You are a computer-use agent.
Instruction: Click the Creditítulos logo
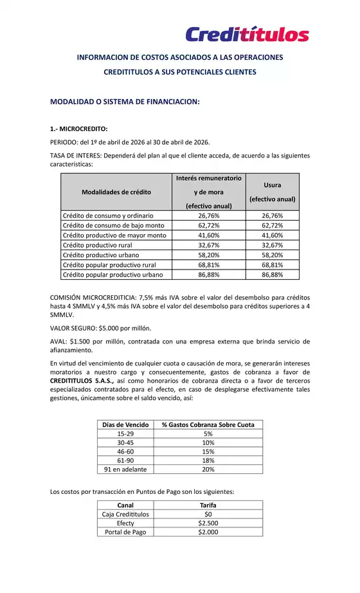tap(247, 33)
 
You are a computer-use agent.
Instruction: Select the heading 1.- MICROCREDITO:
tap(79, 129)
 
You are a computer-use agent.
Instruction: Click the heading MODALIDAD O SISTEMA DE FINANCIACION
tap(125, 102)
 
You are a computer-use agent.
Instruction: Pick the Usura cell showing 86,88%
tap(273, 275)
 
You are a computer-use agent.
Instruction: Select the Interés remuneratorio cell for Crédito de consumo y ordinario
tap(209, 216)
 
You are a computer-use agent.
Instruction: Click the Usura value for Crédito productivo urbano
tap(273, 255)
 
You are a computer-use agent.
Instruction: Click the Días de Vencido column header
tap(125, 424)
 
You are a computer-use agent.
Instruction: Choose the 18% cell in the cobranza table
tap(208, 461)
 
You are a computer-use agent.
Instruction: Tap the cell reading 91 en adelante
tap(125, 470)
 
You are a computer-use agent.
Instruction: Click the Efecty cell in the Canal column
tap(125, 523)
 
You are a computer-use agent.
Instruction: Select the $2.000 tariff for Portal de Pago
tap(208, 532)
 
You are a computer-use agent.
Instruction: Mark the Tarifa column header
tap(208, 505)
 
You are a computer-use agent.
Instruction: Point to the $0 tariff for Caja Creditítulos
tap(208, 514)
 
